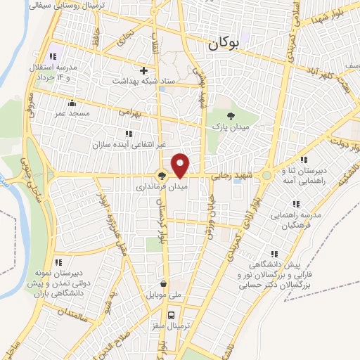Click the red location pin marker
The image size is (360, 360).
181,165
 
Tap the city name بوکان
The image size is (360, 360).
224,44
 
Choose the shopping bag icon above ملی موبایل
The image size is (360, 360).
164,283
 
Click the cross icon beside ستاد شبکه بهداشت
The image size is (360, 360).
144,70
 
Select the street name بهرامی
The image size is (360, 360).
131,112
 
